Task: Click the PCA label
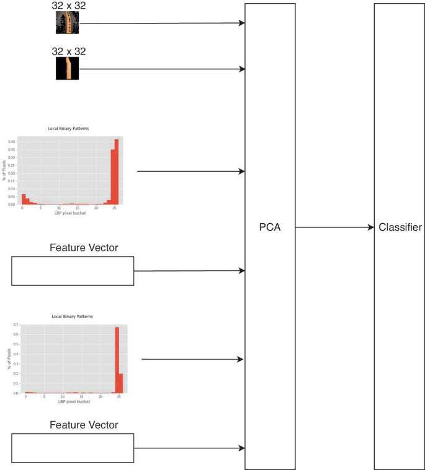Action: (270, 228)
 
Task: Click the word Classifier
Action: (400, 228)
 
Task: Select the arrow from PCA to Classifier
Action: (334, 228)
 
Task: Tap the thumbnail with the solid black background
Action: (68, 69)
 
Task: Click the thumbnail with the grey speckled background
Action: (68, 24)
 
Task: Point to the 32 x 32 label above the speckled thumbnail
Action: (68, 6)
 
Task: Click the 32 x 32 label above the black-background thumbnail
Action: (68, 51)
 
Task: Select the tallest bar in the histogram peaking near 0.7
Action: (117, 360)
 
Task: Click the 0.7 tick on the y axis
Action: (15, 325)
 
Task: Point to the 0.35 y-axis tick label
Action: (12, 149)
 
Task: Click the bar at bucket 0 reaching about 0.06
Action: (24, 199)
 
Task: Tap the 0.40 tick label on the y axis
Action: (12, 142)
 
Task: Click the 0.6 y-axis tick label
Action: (15, 335)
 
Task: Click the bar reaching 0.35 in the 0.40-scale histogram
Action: (113, 177)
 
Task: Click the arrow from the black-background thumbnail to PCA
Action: (161, 69)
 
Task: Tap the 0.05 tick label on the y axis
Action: (12, 197)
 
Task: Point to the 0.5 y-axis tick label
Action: (15, 344)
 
